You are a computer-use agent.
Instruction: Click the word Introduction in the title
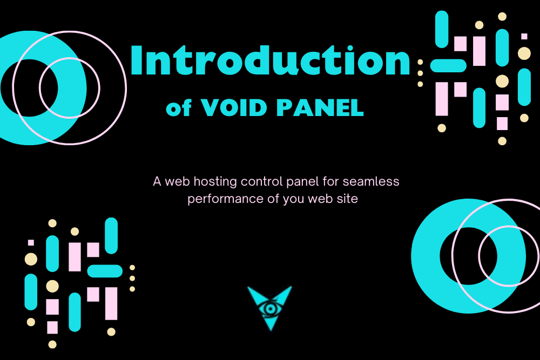270,60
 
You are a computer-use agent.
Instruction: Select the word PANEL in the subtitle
320,107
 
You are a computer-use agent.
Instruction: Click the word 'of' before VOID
178,108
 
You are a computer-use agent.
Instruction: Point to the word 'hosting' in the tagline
215,182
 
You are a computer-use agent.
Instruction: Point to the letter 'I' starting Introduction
137,61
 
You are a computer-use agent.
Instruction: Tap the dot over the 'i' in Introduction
350,49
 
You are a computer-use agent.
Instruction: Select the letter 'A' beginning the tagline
157,181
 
